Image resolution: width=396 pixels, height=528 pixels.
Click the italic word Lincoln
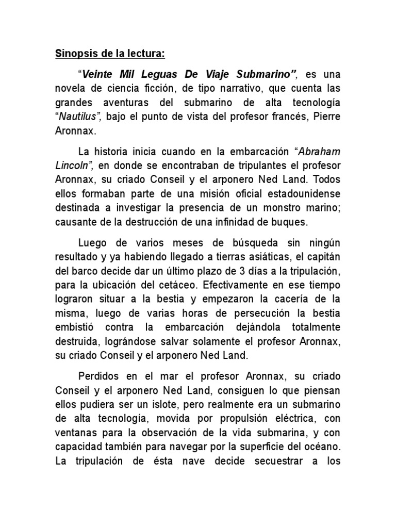pos(72,166)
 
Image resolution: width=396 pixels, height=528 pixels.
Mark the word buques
pos(291,223)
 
